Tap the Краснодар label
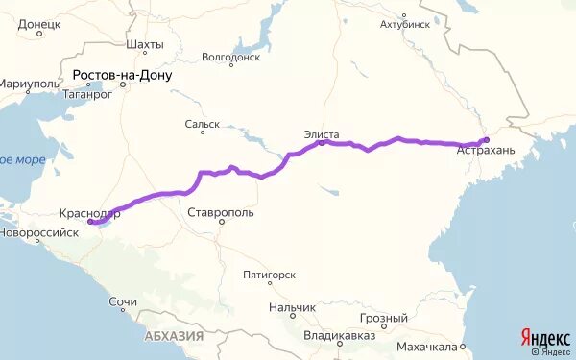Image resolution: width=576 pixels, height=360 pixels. point(88,214)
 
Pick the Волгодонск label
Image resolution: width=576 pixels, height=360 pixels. point(230,58)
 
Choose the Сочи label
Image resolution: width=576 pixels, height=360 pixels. point(122,302)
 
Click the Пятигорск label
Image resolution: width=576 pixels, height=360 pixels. point(269,275)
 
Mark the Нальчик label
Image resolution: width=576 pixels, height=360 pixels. point(287,308)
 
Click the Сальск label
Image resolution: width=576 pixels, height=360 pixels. point(203,124)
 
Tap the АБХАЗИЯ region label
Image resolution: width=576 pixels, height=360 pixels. point(174,336)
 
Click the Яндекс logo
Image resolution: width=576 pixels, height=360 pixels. point(544,337)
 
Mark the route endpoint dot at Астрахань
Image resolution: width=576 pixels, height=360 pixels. point(486,141)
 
